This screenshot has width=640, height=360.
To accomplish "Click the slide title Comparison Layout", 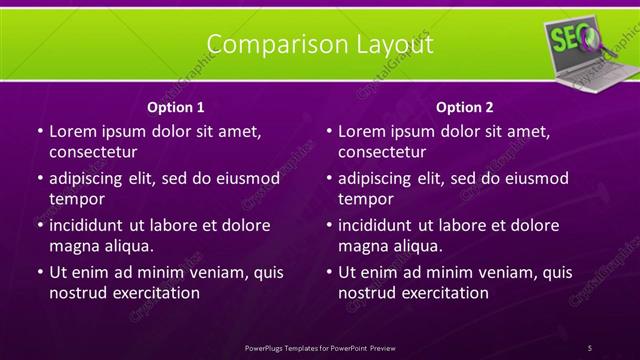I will coord(320,45).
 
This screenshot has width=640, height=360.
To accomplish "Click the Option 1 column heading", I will coord(176,107).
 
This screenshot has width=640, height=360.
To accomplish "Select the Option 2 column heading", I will coord(465,107).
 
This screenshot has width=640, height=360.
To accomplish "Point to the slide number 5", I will coord(589,347).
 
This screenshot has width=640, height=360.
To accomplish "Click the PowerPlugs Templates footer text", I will coord(320,347).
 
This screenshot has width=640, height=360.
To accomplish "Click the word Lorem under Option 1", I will coord(73,131).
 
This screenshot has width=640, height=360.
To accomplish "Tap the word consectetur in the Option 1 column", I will coord(93,152).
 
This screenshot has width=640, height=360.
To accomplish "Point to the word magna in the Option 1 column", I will coord(73,245).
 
